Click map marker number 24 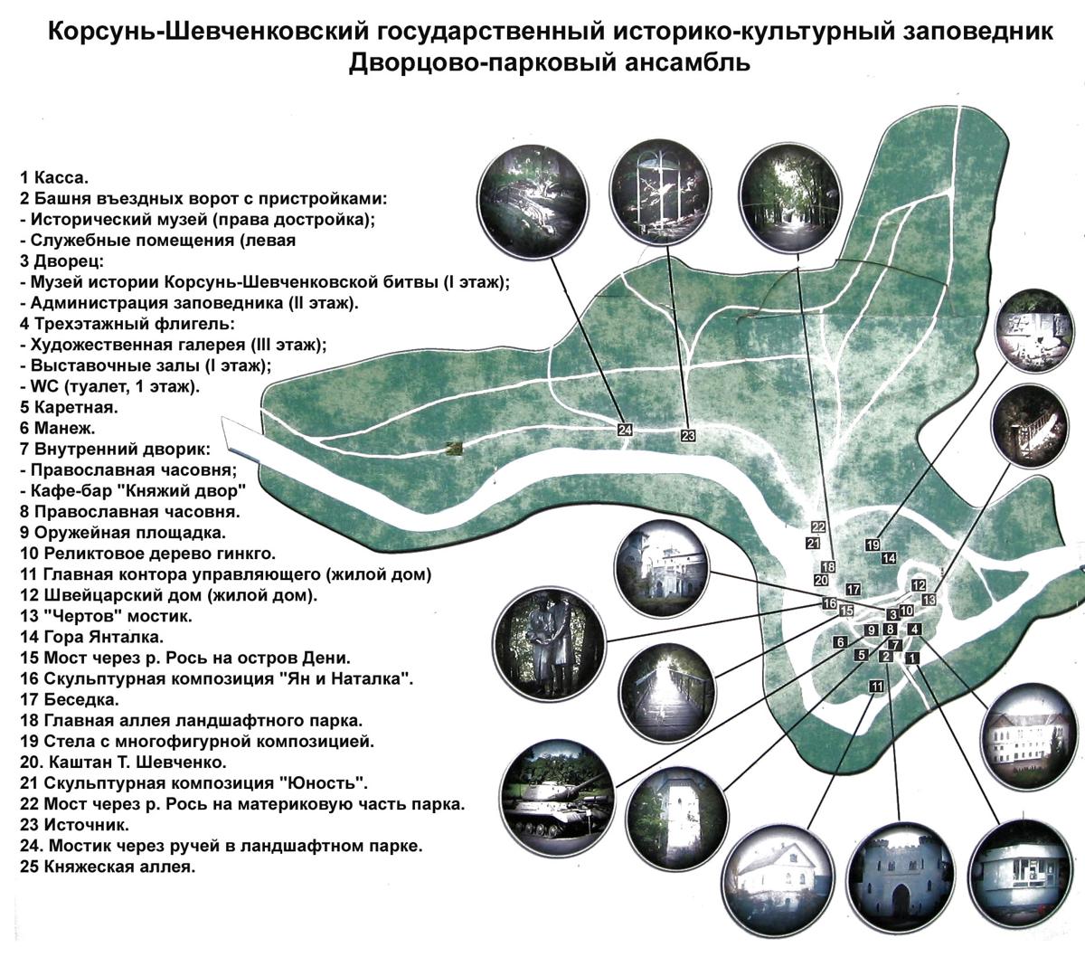[x=625, y=430]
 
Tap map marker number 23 [x=688, y=435]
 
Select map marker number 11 [x=876, y=687]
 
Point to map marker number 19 [x=873, y=545]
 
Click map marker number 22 [x=818, y=527]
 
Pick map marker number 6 [x=840, y=642]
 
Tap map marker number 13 [x=929, y=599]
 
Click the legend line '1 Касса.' [x=54, y=177]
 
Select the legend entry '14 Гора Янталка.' [x=91, y=637]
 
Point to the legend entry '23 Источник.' [x=74, y=825]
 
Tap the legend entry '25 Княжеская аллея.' [x=108, y=867]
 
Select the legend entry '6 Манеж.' [x=57, y=428]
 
